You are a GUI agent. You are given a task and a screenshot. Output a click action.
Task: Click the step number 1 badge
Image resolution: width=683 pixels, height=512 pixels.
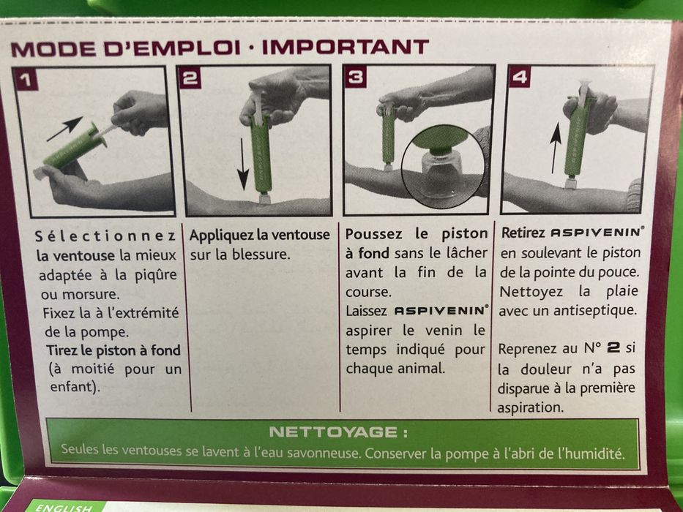[27, 80]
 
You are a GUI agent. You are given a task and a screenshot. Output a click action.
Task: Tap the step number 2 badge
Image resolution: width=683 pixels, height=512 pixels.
[190, 78]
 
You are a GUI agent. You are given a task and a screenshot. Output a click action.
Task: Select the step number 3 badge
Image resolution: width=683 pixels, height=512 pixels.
[356, 78]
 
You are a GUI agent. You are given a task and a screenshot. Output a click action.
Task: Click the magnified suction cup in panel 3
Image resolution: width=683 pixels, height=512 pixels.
[441, 165]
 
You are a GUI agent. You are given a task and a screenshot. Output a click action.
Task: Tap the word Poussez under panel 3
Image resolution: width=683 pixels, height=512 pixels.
[370, 235]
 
